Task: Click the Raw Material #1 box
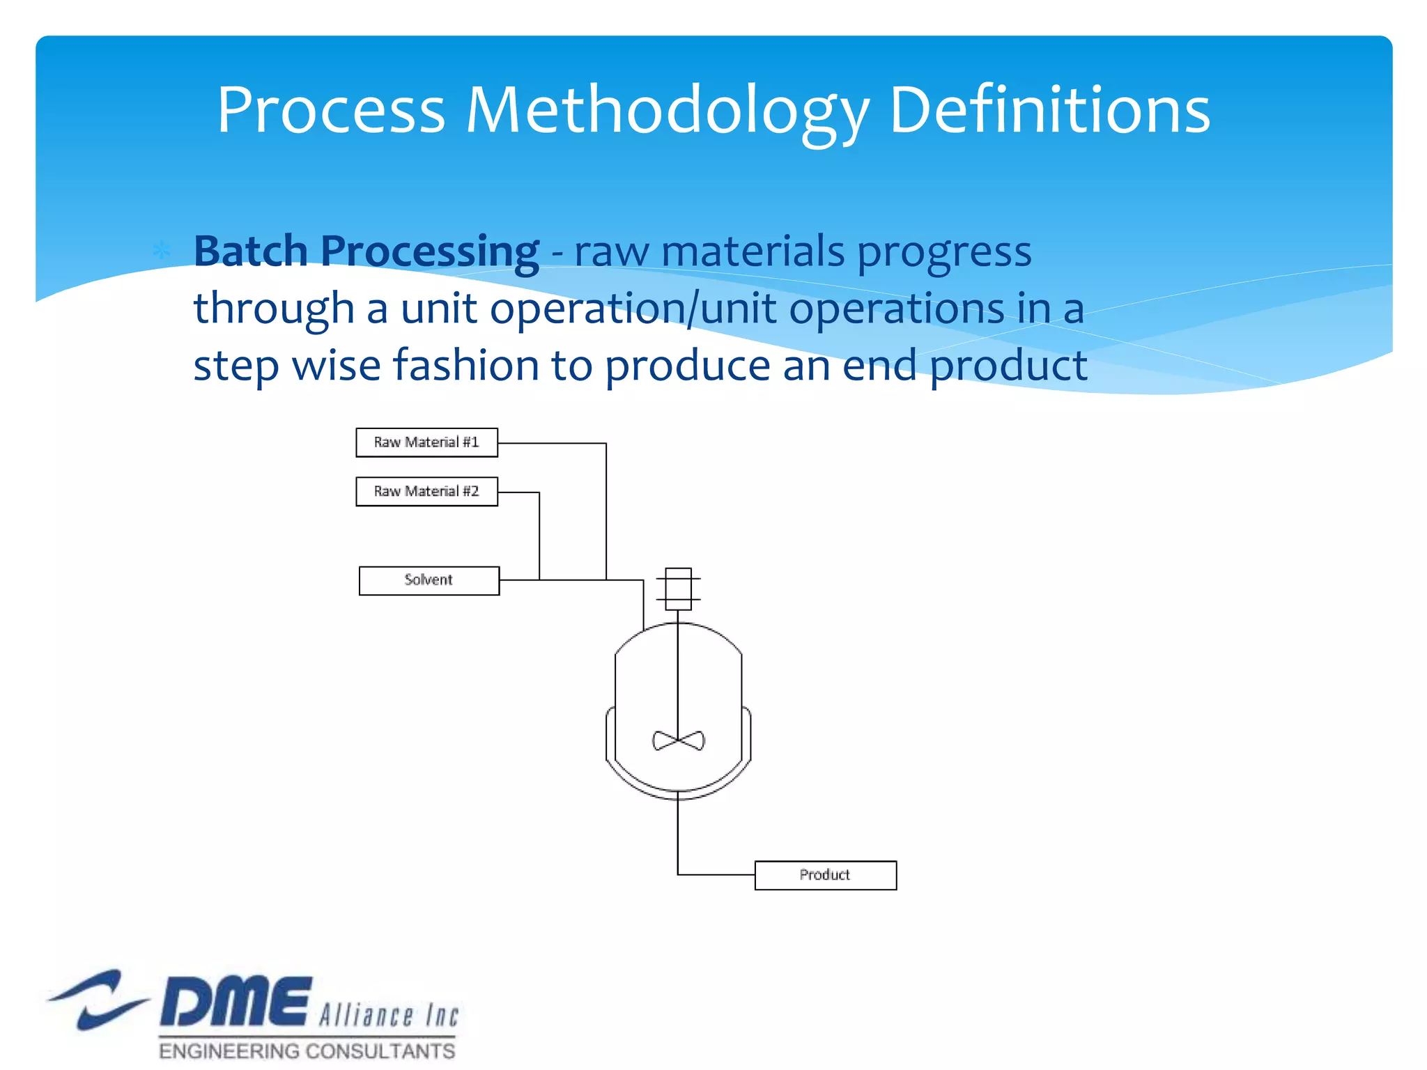[x=426, y=442]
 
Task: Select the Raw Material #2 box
[x=426, y=492]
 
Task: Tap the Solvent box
[x=429, y=580]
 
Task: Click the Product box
[x=826, y=875]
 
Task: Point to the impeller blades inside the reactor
[x=678, y=741]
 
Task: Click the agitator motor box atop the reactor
[x=678, y=589]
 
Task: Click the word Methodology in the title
[x=668, y=111]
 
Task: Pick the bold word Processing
[x=429, y=252]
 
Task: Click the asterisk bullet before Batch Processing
[x=162, y=251]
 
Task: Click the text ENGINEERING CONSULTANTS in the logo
[x=307, y=1050]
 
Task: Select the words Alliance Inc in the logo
[x=389, y=1014]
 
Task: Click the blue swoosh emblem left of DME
[x=98, y=999]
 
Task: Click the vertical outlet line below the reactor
[x=678, y=836]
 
